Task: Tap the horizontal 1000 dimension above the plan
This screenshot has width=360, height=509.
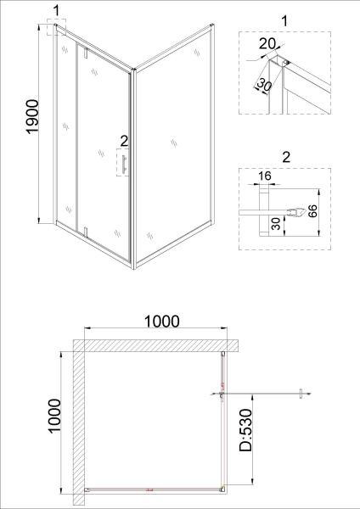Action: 161,322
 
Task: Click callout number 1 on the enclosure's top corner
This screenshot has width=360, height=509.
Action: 57,10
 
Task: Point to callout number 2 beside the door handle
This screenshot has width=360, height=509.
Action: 124,141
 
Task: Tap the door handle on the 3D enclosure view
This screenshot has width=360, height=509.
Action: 123,164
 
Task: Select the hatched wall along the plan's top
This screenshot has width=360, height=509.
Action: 153,344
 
